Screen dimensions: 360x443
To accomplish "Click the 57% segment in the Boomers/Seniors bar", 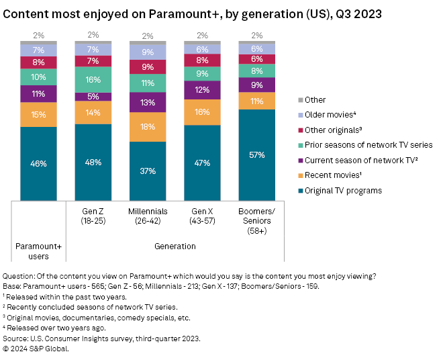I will [256, 154].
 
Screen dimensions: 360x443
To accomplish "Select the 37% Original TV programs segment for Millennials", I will [147, 171].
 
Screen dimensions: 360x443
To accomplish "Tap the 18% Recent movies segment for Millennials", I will [147, 127].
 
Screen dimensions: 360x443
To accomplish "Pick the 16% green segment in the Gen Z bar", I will [93, 79].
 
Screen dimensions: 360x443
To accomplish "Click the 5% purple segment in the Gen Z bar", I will [93, 96].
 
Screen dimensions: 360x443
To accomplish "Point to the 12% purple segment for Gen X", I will [202, 90].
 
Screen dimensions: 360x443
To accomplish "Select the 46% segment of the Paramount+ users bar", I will [38, 163].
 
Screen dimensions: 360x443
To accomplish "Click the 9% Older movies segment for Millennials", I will [147, 52].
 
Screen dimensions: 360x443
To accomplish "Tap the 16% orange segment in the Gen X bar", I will [202, 112].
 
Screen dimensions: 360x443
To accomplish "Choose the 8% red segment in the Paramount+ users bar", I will [38, 62].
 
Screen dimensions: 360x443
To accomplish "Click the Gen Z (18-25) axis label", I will [93, 216].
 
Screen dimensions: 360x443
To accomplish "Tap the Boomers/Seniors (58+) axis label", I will [256, 221].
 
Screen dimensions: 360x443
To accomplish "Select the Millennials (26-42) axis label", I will [147, 216].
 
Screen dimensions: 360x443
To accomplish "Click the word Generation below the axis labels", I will [174, 246].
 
